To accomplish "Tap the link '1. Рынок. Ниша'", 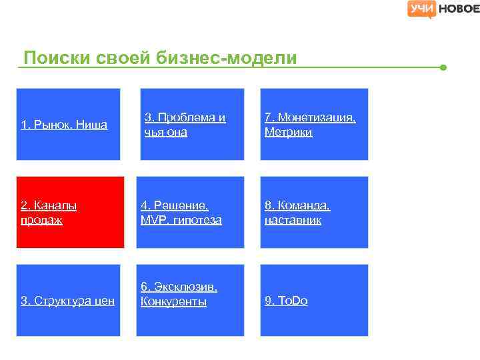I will [64, 125].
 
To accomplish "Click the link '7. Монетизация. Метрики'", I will [309, 125].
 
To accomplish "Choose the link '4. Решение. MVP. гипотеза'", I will [181, 213].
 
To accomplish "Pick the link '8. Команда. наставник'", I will [297, 213].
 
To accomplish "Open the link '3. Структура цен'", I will [67, 301].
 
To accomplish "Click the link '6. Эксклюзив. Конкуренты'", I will [179, 294].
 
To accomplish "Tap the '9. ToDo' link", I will [286, 301].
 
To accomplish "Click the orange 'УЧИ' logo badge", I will [421, 9].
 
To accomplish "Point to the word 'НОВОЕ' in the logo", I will [458, 9].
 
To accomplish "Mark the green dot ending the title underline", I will [443, 67].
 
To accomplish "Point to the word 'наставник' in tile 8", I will [293, 220].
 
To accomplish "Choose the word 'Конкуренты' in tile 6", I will [173, 302].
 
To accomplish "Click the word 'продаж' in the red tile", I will [41, 220].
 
